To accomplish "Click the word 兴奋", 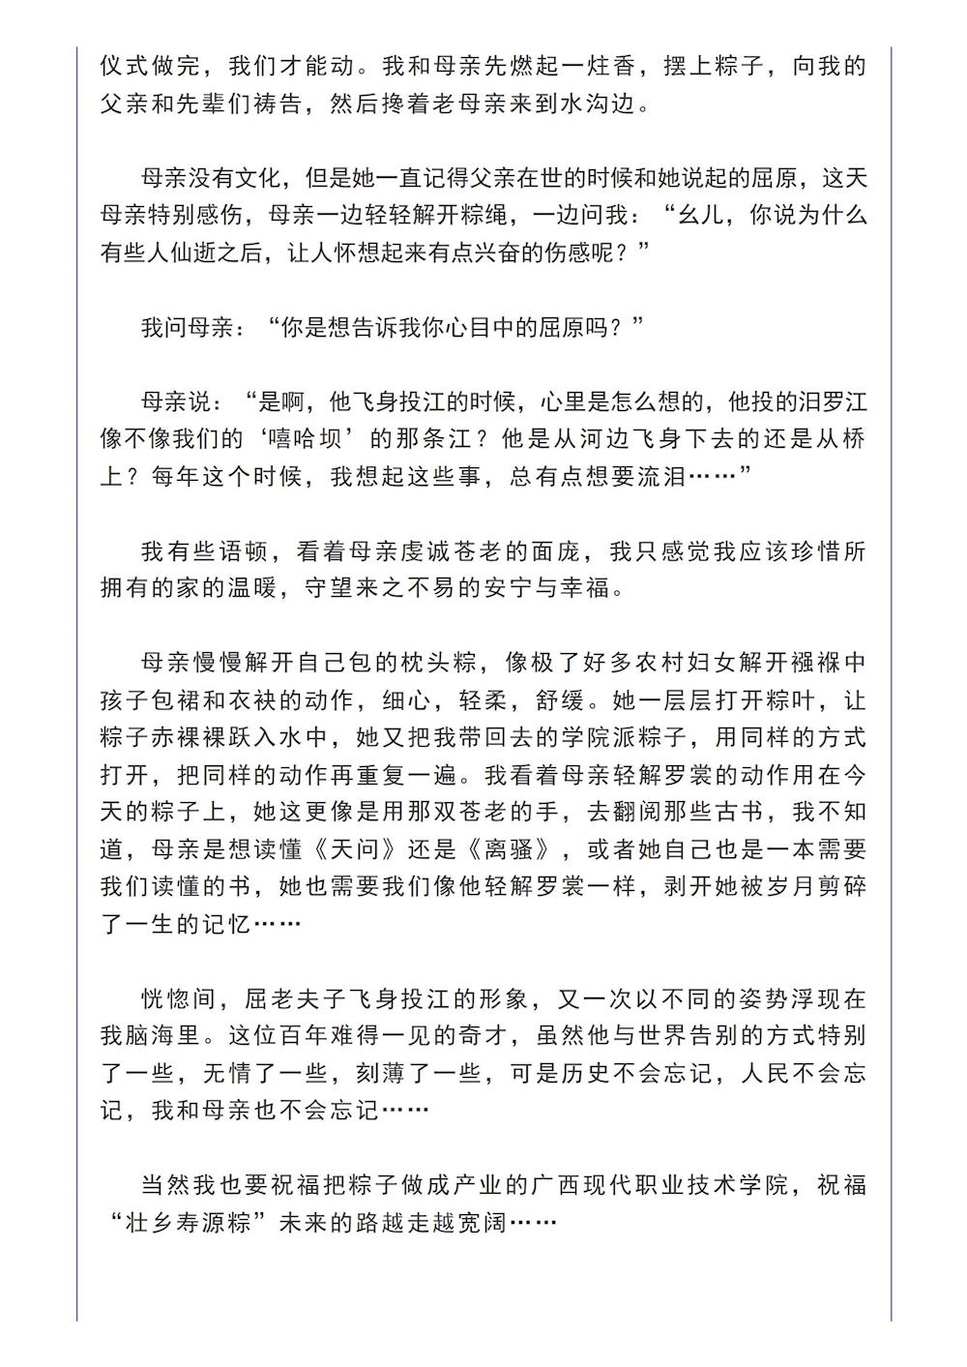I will [x=476, y=253].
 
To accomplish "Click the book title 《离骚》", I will [x=512, y=849].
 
